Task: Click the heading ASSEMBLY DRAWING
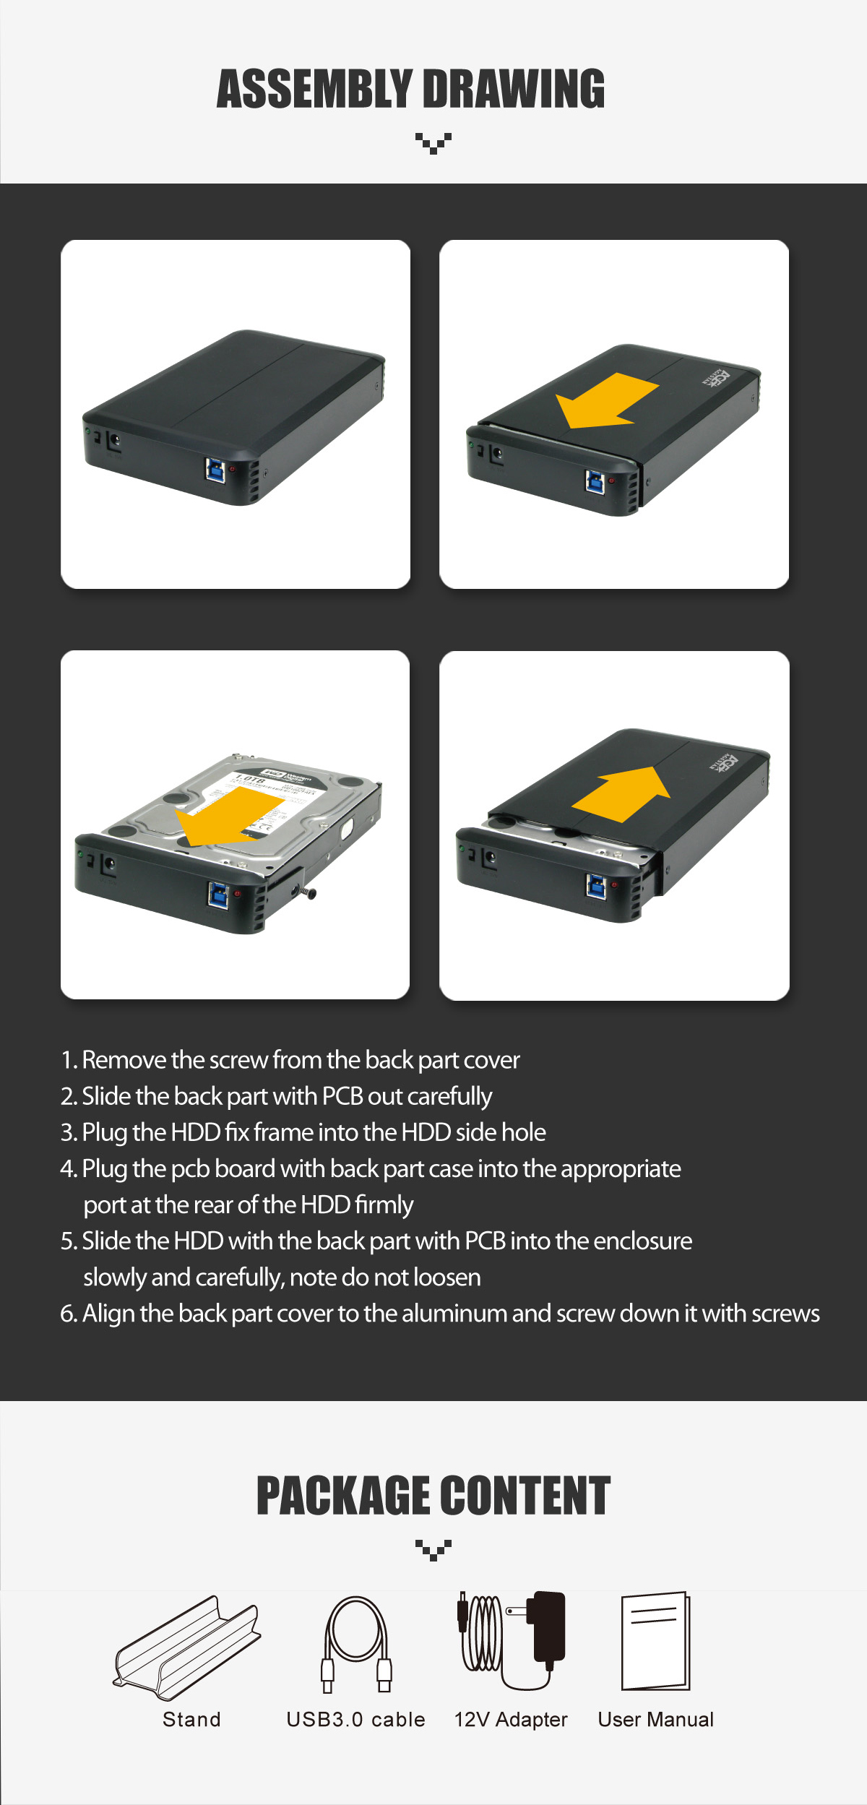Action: point(411,89)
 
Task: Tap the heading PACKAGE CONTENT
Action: point(433,1496)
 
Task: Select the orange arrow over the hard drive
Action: point(229,817)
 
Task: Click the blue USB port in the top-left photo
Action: point(215,469)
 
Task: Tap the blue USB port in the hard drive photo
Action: point(217,894)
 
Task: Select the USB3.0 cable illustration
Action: point(356,1644)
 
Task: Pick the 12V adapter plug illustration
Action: point(512,1640)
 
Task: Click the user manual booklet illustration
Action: point(656,1641)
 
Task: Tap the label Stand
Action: point(191,1720)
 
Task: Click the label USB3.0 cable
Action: point(355,1720)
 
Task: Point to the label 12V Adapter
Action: point(511,1720)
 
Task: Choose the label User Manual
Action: point(656,1720)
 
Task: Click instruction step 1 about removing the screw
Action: point(290,1060)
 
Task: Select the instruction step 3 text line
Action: point(303,1132)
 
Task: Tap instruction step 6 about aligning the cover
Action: point(440,1314)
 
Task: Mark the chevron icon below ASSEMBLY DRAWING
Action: point(433,143)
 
